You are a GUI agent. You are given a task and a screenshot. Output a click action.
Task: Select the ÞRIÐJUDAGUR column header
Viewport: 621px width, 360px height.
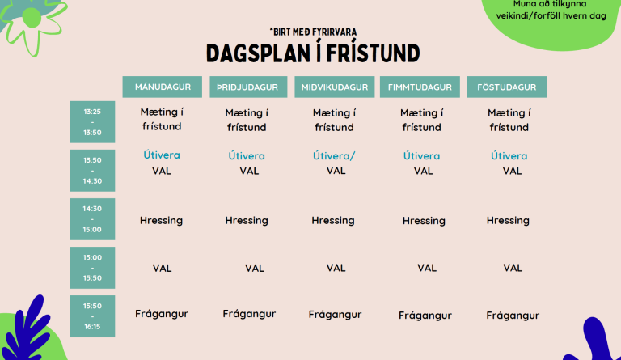[248, 87]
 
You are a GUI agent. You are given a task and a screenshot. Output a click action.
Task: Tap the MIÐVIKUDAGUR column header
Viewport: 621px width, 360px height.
[334, 87]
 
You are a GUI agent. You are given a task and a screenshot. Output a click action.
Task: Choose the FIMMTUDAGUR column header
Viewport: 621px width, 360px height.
[420, 87]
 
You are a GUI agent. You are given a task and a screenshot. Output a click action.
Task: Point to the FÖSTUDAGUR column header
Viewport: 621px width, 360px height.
[506, 87]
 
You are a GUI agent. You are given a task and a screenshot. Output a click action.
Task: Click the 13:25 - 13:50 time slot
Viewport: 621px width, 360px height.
[92, 121]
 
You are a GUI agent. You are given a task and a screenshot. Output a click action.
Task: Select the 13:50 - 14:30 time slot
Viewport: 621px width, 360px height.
[92, 170]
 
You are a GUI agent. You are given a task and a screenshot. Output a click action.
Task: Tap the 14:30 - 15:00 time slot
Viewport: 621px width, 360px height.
[92, 218]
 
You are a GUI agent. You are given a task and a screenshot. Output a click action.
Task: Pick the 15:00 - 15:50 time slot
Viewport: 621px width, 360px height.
[92, 267]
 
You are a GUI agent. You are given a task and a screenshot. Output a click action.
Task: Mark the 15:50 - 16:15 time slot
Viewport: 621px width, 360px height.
[92, 316]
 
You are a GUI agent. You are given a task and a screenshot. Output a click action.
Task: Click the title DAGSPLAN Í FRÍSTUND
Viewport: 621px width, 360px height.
[312, 53]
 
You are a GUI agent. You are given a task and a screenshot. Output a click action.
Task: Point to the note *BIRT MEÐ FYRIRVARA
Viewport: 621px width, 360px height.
[314, 32]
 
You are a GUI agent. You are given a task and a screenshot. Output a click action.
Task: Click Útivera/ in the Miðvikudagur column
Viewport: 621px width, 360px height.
[334, 155]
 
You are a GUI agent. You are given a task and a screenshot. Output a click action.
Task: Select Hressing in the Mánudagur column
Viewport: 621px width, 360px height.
[161, 220]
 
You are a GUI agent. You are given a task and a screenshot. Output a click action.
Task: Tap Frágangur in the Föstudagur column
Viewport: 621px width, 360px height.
[513, 316]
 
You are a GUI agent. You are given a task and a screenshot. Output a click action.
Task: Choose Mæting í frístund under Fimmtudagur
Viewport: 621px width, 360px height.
[421, 120]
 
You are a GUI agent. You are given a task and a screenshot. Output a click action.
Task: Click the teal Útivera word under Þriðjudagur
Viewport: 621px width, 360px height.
[247, 155]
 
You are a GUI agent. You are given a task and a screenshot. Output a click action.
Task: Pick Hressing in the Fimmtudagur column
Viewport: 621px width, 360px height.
[424, 221]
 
